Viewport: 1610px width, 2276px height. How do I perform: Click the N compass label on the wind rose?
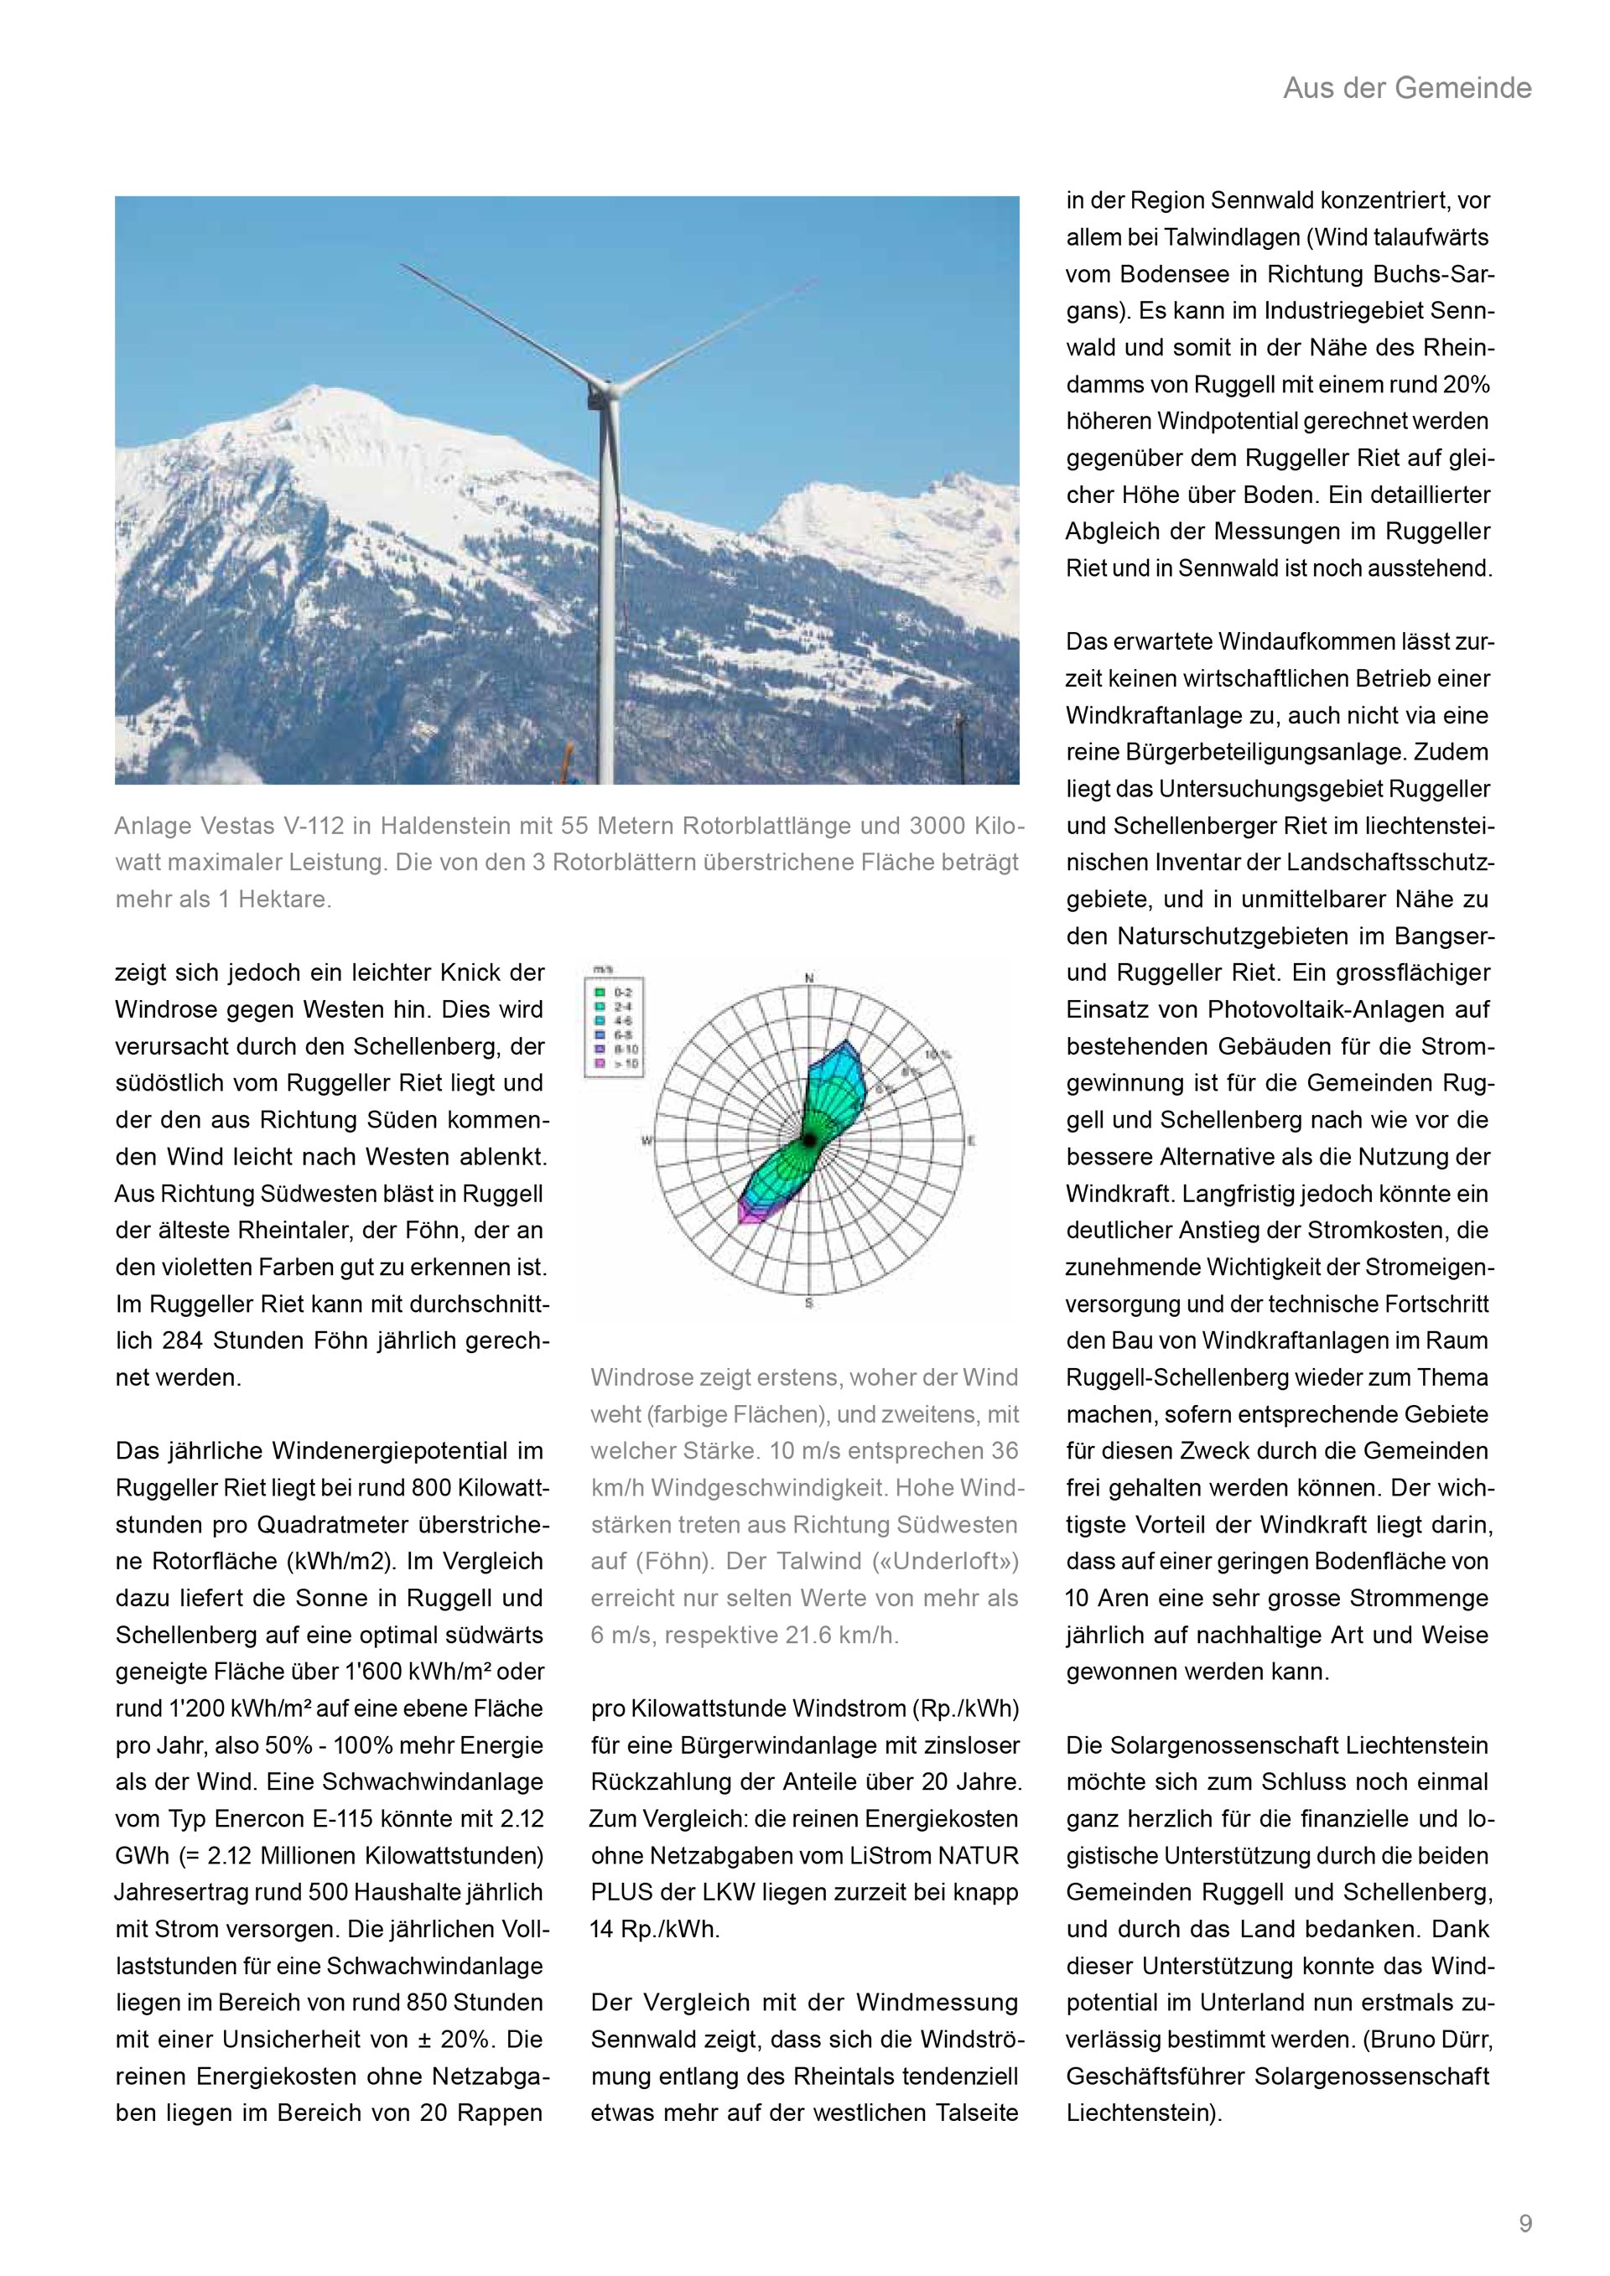point(809,978)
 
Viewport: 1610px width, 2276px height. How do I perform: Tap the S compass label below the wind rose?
point(809,1303)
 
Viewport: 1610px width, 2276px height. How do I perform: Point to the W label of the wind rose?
point(647,1141)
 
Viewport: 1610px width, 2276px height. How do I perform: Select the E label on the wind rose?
point(972,1141)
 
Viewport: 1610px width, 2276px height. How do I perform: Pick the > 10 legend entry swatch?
point(600,1065)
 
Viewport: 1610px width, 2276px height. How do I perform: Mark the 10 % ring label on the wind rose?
point(934,1055)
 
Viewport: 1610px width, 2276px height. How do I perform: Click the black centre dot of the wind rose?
point(809,1141)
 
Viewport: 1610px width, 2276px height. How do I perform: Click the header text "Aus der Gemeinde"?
point(1407,88)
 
